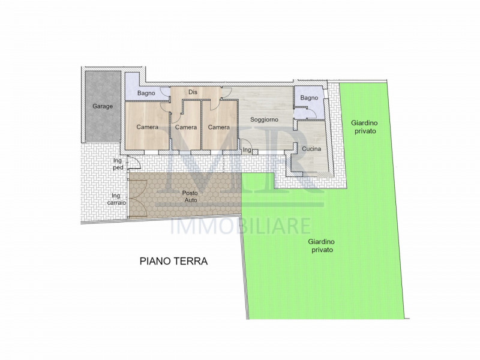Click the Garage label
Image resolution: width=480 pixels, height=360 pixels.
tap(103, 106)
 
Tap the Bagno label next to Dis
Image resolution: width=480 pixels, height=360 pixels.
tap(146, 93)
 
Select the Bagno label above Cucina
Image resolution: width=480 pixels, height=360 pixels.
tap(309, 98)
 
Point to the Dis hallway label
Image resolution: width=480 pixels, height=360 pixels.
tap(193, 92)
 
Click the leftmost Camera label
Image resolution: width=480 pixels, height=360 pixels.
tap(147, 127)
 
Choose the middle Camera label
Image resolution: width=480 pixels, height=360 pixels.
tap(186, 127)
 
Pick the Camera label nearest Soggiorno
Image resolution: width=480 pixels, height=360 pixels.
tap(219, 127)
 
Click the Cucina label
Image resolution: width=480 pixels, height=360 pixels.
tap(311, 149)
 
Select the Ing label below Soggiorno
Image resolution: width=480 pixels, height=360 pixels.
tap(247, 150)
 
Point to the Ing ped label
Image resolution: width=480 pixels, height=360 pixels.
tap(117, 164)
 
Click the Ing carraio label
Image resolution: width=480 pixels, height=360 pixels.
tap(118, 199)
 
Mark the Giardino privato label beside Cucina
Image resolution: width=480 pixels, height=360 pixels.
tap(363, 127)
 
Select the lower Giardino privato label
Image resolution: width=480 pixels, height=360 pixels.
tap(321, 245)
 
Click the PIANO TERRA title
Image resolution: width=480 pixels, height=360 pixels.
tap(173, 261)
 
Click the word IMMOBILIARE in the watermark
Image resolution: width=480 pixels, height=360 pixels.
tap(241, 226)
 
